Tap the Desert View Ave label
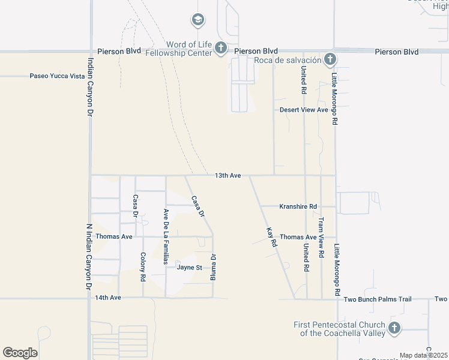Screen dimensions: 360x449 (304, 110)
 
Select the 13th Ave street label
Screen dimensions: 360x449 (228, 175)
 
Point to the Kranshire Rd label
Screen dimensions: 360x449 (298, 206)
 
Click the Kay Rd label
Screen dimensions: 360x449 (271, 237)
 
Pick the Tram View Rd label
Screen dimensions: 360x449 (321, 238)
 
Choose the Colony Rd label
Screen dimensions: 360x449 (143, 267)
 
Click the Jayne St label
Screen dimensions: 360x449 (189, 267)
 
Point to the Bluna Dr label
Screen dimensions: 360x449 (212, 267)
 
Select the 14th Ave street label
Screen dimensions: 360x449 (108, 298)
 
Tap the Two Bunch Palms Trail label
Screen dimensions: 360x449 (378, 299)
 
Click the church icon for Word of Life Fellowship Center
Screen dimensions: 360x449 (221, 48)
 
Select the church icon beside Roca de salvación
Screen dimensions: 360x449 (329, 59)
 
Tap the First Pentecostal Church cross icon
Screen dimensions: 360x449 (394, 328)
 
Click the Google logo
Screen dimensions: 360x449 (20, 352)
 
